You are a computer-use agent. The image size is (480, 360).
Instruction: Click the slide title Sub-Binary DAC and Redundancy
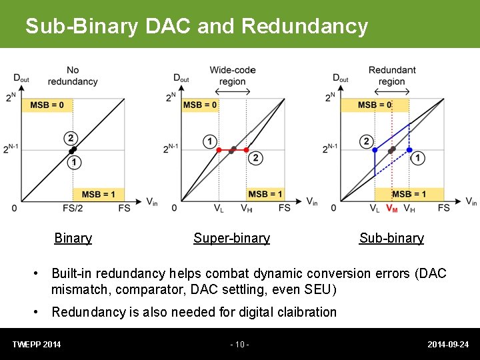coord(196,26)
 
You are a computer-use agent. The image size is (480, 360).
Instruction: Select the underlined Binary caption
coord(73,238)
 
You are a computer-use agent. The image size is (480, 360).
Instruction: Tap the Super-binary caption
coord(231,238)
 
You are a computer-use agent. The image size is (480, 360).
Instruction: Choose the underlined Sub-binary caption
coord(391,238)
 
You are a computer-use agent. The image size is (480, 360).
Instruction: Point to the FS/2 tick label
coord(73,208)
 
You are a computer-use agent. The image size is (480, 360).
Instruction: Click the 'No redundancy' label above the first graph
coord(73,75)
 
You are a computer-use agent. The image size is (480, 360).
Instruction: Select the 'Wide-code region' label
coord(232,75)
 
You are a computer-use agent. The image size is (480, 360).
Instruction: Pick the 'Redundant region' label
coord(392,75)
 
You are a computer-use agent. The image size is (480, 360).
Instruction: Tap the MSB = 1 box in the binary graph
coord(98,194)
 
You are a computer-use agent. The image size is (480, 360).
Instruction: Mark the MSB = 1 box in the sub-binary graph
coord(411,194)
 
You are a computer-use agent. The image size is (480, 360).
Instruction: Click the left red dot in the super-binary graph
coord(219,150)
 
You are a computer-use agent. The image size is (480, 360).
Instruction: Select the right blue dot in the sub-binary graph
coord(409,150)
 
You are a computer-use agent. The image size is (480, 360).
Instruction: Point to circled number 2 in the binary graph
coord(71,138)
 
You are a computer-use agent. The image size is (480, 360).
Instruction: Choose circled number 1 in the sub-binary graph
coord(418,158)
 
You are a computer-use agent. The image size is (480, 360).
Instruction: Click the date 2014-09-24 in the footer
coord(448,345)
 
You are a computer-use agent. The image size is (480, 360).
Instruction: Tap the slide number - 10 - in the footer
coord(239,345)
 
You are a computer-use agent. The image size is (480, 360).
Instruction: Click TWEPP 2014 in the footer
coord(37,345)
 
